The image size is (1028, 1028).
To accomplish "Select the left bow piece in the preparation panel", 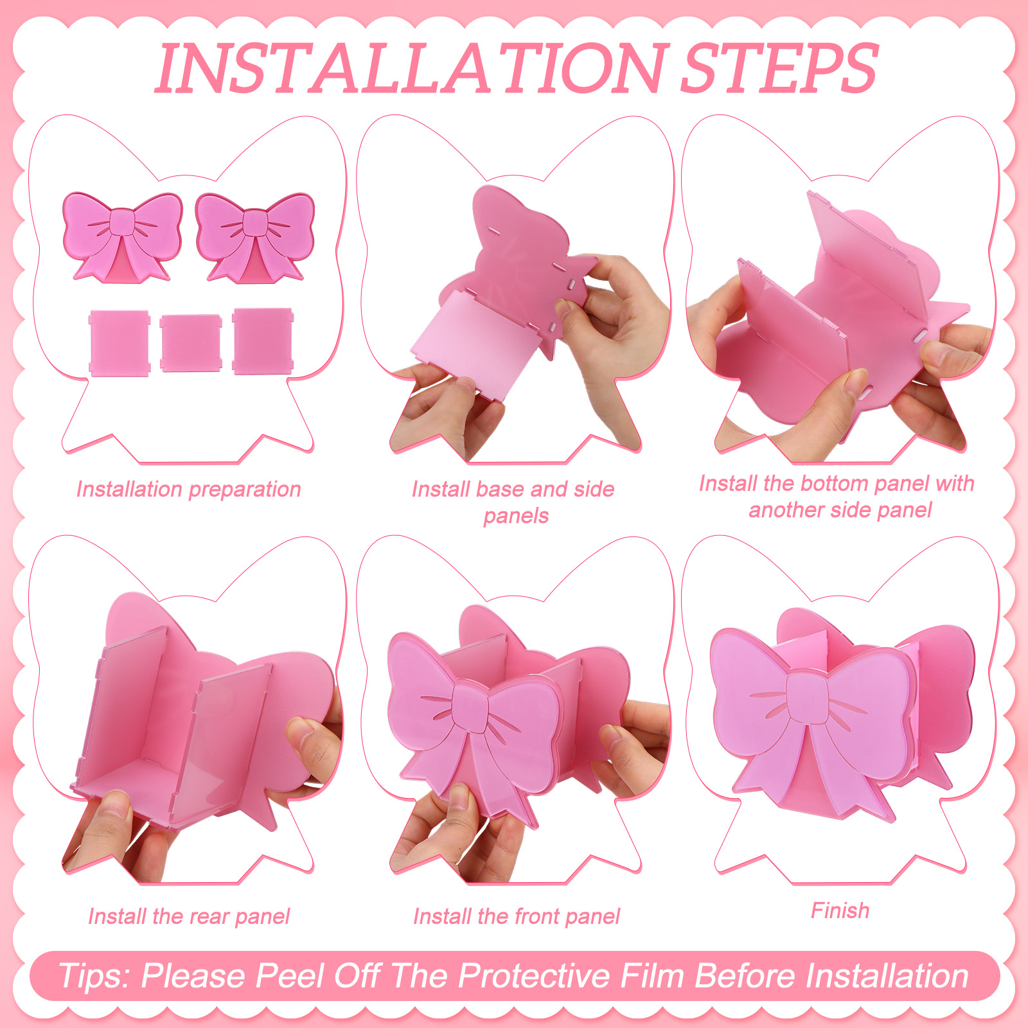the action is point(122,237).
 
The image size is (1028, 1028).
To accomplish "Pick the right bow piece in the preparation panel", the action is point(255,237).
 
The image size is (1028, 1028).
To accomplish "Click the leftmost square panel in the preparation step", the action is point(120,342).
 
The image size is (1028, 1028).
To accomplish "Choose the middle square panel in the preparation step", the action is point(191,342).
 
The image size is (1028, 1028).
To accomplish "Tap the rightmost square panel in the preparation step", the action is point(263,341).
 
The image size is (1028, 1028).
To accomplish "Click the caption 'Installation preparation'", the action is point(188,490).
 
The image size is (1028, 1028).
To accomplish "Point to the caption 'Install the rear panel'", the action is point(189,916).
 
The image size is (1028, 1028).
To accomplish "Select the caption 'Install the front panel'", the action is point(517,916).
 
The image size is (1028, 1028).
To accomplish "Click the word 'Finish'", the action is point(840,910).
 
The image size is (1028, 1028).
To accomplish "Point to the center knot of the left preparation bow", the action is point(122,223).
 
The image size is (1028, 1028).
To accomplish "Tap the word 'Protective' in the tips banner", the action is point(533,976).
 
